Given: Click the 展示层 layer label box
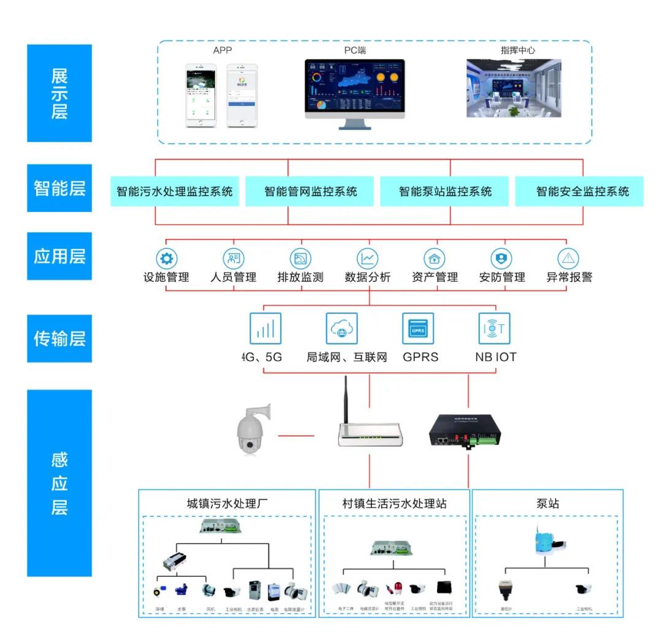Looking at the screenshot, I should [59, 93].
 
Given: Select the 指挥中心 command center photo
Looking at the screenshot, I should [514, 88].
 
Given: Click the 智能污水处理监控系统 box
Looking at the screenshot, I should [175, 191].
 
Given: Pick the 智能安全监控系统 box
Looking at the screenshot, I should [582, 191].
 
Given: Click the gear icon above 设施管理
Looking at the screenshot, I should [166, 258].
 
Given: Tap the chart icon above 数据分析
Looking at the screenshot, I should [368, 258].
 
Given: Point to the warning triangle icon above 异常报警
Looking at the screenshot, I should [569, 258].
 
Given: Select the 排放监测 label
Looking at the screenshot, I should [300, 277].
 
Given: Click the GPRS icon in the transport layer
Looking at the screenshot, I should [418, 329].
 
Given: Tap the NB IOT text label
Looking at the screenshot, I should [495, 356].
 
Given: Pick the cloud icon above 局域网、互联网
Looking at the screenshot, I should [341, 329].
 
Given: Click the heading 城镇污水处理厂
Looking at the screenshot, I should [227, 504].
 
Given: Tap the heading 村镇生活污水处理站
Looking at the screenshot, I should [394, 504].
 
